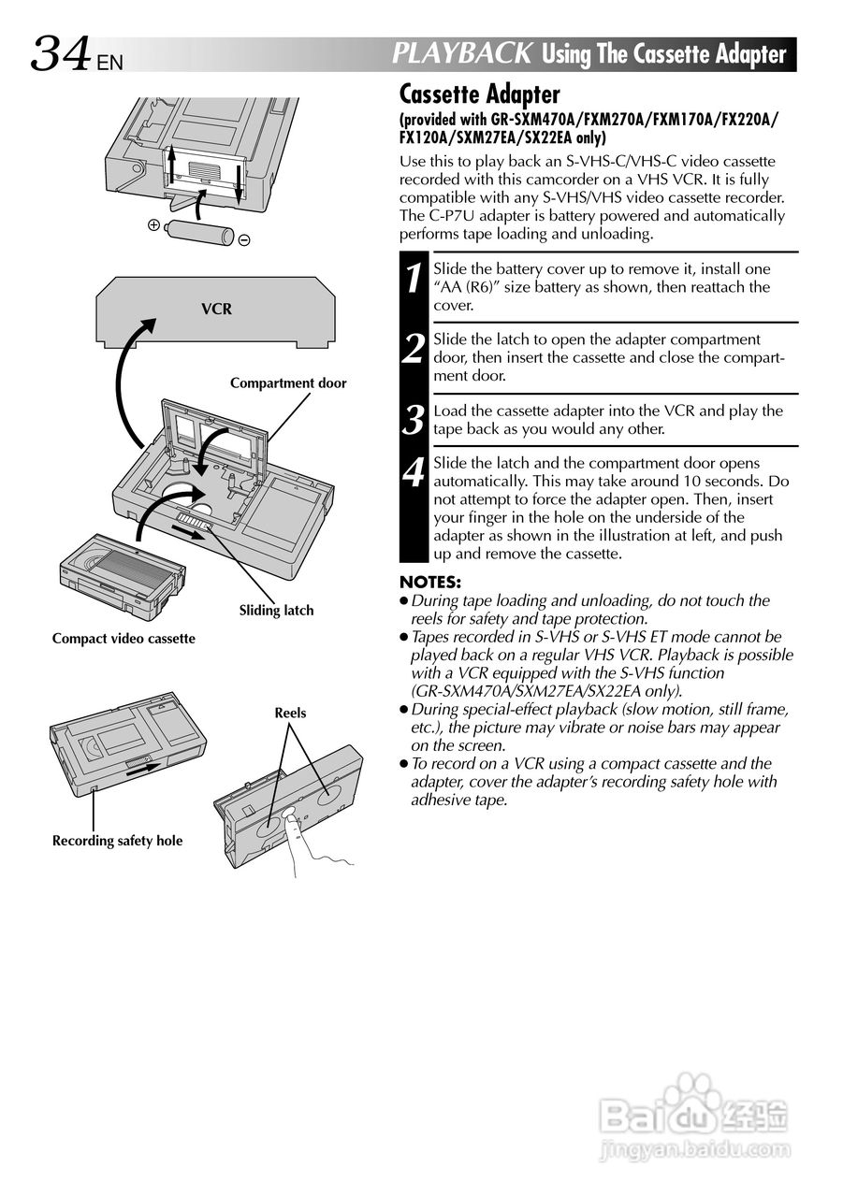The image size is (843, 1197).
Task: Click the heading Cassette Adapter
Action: coord(479,94)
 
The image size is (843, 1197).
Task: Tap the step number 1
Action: coord(413,279)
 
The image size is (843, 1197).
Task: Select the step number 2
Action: coord(413,350)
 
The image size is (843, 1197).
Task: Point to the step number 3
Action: coord(413,421)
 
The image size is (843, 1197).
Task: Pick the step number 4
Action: coord(413,473)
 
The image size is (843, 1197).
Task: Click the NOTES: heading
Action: coord(429,582)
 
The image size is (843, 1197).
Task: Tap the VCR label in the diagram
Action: coord(216,309)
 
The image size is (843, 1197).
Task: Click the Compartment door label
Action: coord(288,382)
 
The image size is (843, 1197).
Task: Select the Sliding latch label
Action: coord(276,611)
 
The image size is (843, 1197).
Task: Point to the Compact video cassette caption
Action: coord(124,639)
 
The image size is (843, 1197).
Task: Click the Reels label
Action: coord(290,713)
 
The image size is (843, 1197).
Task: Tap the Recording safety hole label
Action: coord(117,841)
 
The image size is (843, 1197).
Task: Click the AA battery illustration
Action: coord(198,231)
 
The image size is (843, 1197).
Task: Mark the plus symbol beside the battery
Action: coord(153,224)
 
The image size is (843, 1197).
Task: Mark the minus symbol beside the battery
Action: coord(243,240)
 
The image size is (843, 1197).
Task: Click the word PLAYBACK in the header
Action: coord(462,53)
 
